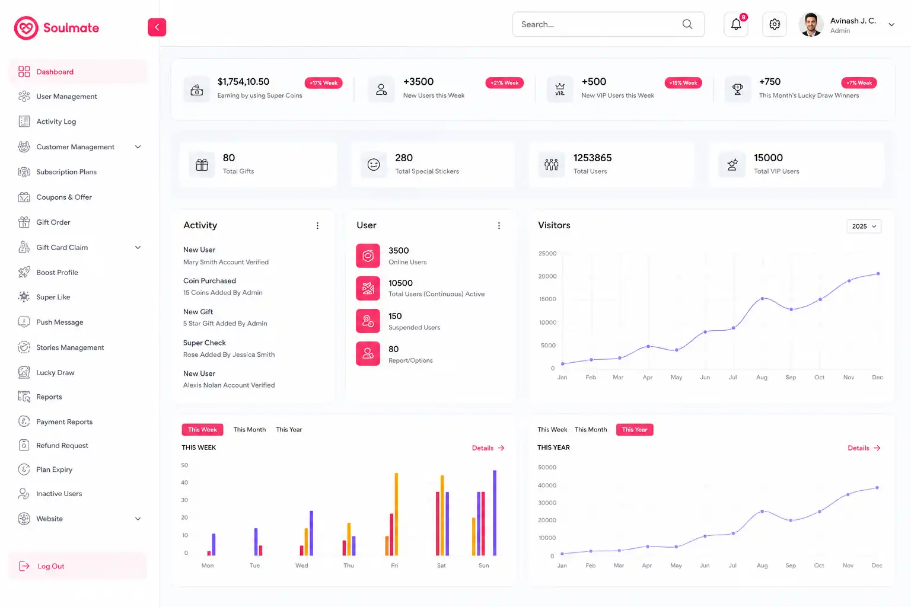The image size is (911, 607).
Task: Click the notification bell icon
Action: click(x=735, y=24)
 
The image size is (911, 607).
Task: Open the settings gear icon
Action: click(x=775, y=24)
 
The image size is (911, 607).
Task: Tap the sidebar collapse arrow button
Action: click(x=157, y=27)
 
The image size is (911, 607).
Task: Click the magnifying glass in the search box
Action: click(x=687, y=24)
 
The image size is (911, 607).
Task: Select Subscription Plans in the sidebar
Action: click(x=66, y=172)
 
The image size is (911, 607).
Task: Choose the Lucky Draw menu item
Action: click(x=55, y=372)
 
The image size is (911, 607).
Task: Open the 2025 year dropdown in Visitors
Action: click(x=864, y=226)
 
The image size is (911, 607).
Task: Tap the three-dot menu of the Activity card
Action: click(x=318, y=226)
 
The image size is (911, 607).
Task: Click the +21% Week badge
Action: click(x=504, y=83)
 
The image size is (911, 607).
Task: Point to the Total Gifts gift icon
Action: click(x=202, y=165)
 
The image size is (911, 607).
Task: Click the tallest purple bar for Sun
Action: click(x=495, y=513)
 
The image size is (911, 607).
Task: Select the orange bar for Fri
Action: click(x=396, y=514)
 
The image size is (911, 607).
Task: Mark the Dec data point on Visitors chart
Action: click(x=878, y=274)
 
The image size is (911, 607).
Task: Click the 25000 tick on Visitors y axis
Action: click(x=547, y=253)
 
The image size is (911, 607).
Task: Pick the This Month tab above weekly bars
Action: click(x=249, y=429)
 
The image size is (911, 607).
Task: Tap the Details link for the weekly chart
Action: click(x=488, y=448)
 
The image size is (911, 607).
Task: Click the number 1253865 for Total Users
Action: click(x=592, y=158)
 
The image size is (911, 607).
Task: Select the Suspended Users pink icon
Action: click(x=368, y=321)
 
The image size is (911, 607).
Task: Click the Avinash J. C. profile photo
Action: click(x=811, y=24)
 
